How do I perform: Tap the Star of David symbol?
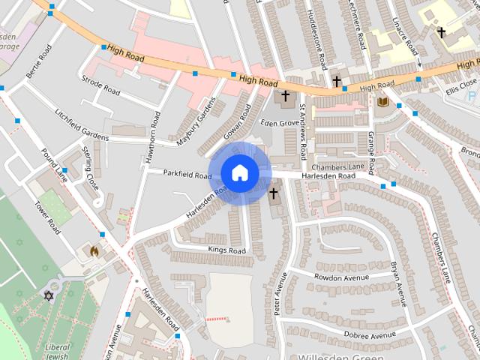coord(51,296)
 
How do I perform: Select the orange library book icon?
coord(383,102)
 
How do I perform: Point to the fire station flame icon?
coord(94,252)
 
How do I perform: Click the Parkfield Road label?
coord(187,175)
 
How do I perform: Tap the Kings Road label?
coord(226,250)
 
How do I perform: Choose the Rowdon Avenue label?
coord(342,277)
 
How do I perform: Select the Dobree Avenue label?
coord(370,334)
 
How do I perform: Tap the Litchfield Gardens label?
coord(82,126)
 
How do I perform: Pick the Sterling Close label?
coord(91,169)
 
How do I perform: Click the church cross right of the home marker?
coord(273,194)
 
